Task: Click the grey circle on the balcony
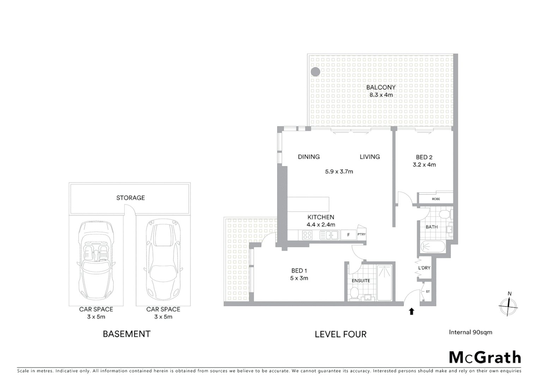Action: [x=315, y=72]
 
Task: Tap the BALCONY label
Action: [x=381, y=87]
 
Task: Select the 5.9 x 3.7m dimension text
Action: [x=339, y=172]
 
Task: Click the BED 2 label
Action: [x=424, y=157]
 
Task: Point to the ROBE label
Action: [x=436, y=199]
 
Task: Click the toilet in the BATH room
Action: [x=444, y=214]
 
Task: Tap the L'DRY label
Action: [x=424, y=268]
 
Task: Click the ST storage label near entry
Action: [x=428, y=292]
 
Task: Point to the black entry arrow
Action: [x=411, y=311]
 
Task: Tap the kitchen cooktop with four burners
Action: [x=307, y=235]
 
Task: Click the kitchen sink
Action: [x=329, y=235]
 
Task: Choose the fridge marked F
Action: [x=349, y=235]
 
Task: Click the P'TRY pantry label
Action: [x=361, y=234]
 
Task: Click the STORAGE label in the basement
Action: [x=131, y=198]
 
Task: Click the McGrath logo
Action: [x=485, y=357]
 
